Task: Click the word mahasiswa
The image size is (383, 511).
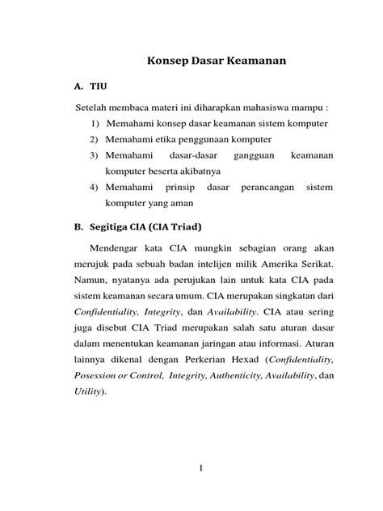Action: tap(279, 108)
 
